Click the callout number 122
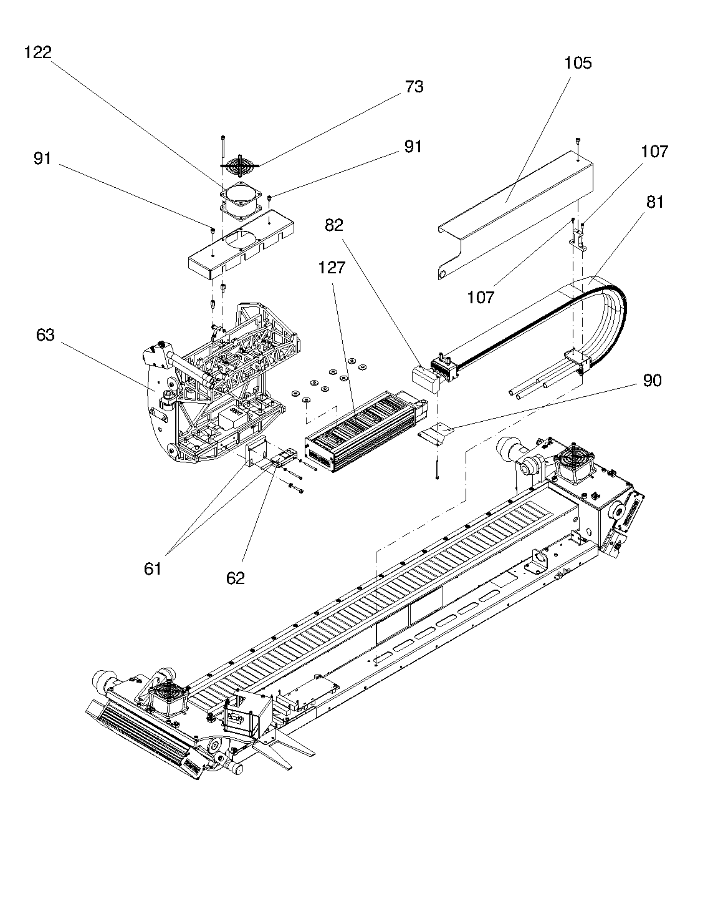[x=38, y=52]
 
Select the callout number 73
[x=414, y=86]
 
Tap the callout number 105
[x=578, y=63]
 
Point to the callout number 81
[x=655, y=202]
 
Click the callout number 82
[x=333, y=225]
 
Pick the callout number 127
[x=332, y=267]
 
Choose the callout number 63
[x=45, y=334]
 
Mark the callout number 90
[x=652, y=380]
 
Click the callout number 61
[x=152, y=569]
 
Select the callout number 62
[x=235, y=578]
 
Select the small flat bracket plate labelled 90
[x=436, y=434]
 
